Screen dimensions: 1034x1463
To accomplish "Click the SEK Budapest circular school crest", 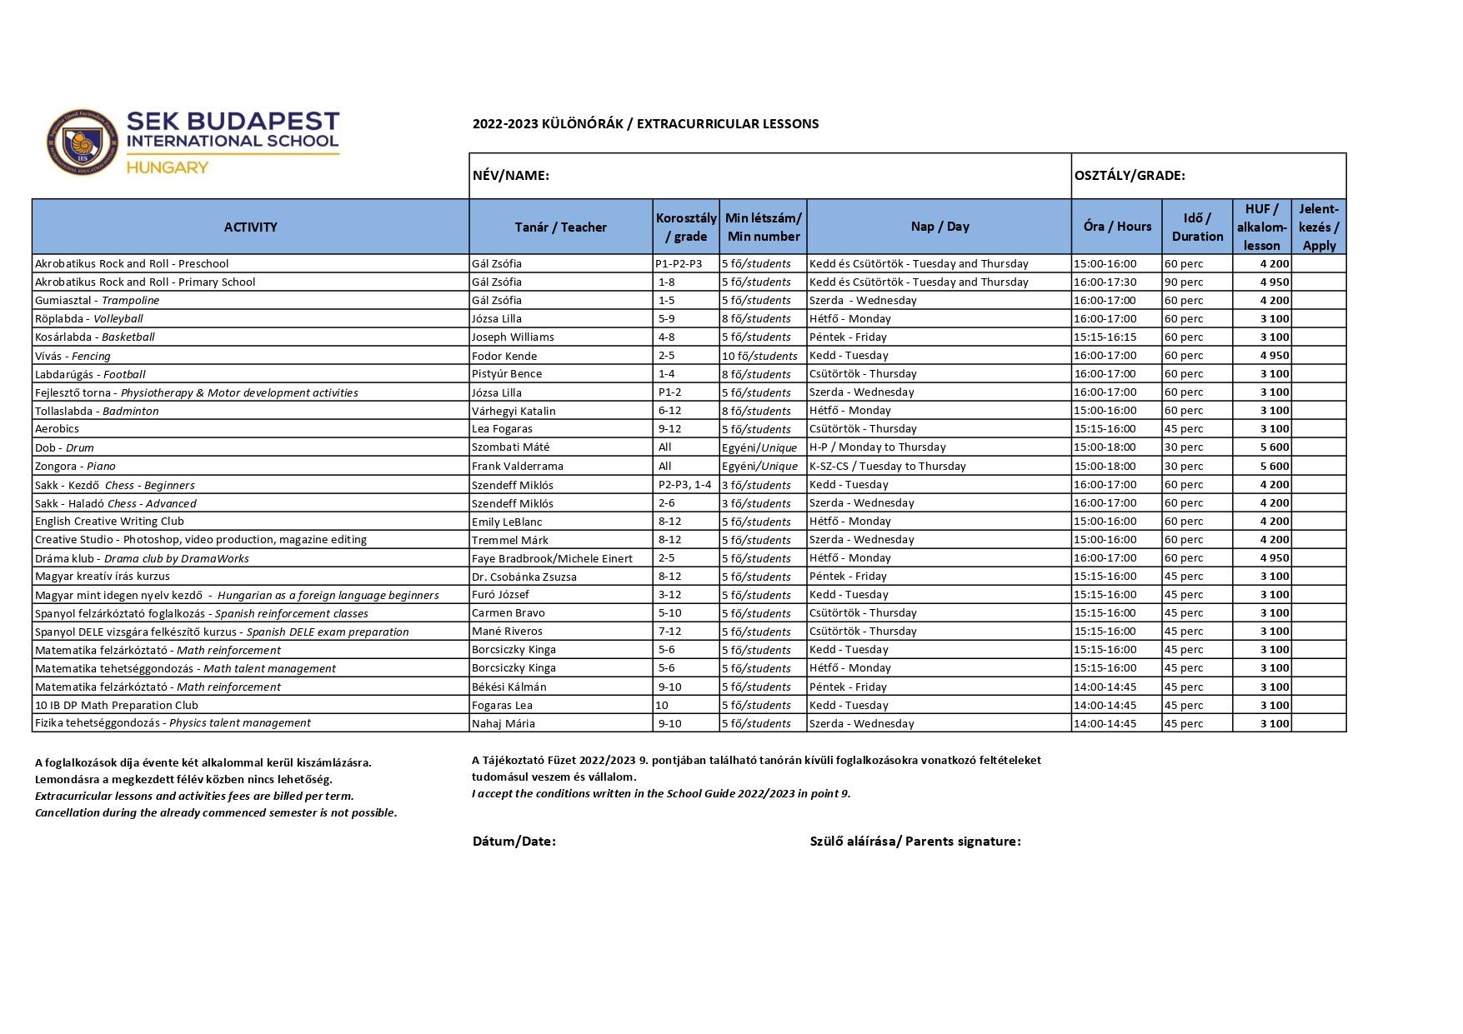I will [x=82, y=142].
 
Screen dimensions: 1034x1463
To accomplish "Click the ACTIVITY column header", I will [x=250, y=227].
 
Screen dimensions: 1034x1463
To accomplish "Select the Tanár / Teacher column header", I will [x=560, y=227].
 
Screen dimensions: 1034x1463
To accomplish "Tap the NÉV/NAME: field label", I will [x=510, y=176].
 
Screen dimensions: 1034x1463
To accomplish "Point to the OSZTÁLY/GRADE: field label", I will [x=1130, y=176].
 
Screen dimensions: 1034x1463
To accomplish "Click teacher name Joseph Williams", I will [x=513, y=337].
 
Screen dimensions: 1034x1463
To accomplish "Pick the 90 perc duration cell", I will [x=1184, y=282].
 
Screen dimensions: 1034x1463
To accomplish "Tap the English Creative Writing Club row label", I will [x=109, y=522].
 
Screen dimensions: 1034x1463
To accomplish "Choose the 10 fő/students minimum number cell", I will [x=759, y=356].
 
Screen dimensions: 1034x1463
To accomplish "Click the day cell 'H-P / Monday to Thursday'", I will [x=877, y=447].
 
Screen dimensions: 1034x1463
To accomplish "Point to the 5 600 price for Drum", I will [x=1274, y=447].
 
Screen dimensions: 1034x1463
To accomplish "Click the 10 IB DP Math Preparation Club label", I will [x=117, y=705].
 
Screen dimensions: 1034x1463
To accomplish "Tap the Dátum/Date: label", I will [x=514, y=842].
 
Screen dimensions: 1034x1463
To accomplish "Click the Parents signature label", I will [x=914, y=842].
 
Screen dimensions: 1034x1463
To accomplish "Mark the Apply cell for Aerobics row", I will [x=1318, y=429].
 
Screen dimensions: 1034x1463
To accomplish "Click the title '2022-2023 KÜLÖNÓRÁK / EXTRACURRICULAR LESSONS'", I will [x=645, y=124].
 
